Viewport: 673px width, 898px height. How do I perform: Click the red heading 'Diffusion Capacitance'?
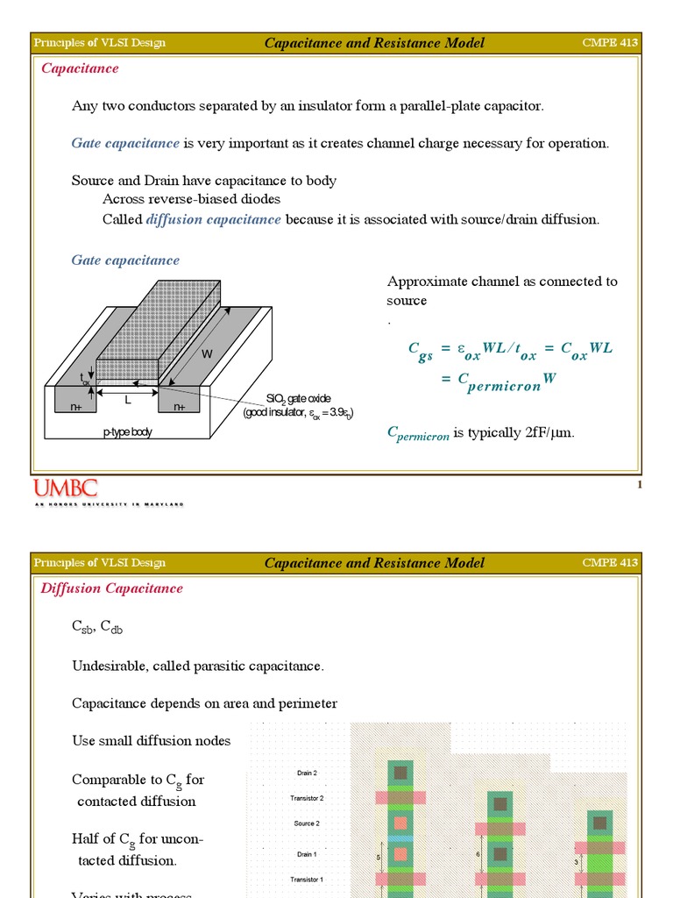pos(111,588)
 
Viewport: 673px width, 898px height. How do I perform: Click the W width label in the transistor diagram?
pos(207,354)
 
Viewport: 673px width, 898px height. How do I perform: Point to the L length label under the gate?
pos(127,400)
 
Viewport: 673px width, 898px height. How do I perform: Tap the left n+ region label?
pos(64,407)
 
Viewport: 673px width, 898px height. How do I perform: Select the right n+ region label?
pos(179,407)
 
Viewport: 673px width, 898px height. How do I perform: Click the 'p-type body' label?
pos(127,431)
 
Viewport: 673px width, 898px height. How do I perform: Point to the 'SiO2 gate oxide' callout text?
pos(299,398)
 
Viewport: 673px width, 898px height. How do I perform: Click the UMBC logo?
pos(66,489)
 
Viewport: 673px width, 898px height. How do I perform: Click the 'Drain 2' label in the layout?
pos(307,773)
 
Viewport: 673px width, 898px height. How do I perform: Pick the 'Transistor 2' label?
pos(307,799)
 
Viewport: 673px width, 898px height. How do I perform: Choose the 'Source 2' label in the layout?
pos(307,824)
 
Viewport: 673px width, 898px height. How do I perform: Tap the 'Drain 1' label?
pos(307,853)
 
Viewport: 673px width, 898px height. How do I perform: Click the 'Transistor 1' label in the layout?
pos(307,879)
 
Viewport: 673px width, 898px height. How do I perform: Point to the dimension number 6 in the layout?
pos(478,852)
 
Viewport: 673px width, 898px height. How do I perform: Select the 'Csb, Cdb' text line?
pos(96,627)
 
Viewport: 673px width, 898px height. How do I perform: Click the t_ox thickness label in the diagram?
pos(85,378)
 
